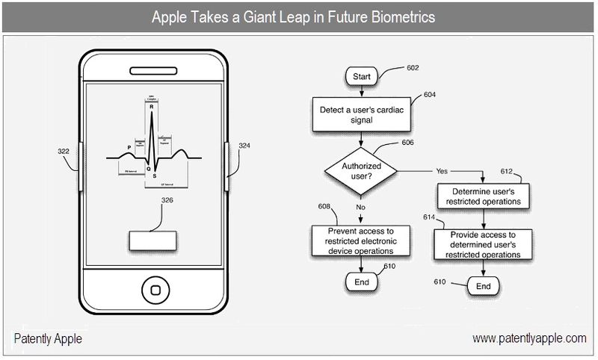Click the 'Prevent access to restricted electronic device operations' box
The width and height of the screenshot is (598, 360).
(x=361, y=241)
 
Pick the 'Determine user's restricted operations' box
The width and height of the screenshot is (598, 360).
(x=483, y=196)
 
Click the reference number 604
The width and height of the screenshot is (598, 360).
(x=430, y=95)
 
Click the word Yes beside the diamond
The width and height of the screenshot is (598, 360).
(x=442, y=171)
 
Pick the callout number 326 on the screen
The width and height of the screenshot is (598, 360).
(x=168, y=200)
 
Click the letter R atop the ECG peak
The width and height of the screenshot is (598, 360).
(x=152, y=107)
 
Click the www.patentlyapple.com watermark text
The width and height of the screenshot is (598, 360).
(x=529, y=338)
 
